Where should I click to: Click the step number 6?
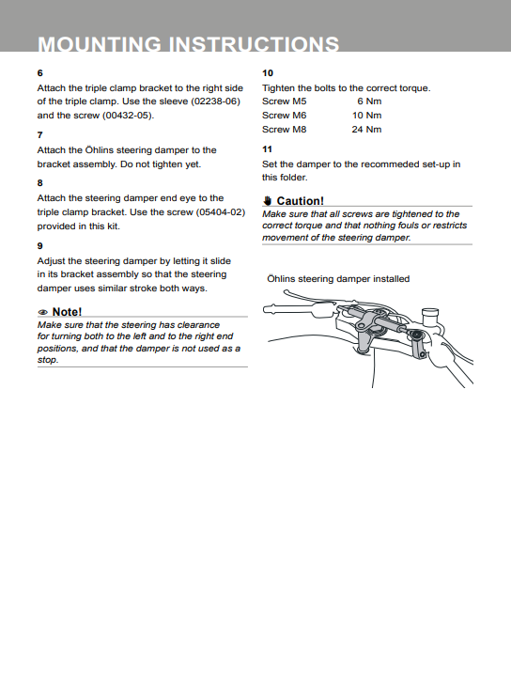[39, 73]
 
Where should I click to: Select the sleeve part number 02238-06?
[216, 101]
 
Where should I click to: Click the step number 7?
[39, 135]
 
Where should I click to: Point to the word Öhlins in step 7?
[99, 150]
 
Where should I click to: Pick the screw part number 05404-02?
[220, 212]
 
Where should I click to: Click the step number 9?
[39, 246]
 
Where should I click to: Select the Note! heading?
[67, 311]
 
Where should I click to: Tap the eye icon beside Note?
[43, 312]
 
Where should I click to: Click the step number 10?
[268, 73]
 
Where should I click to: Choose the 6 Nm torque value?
[369, 101]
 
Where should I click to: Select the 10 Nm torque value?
[366, 116]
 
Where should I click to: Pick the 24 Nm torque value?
[366, 130]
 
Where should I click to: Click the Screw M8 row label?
[285, 130]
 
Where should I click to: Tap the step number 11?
[267, 149]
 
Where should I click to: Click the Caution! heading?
[301, 201]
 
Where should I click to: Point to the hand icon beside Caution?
[268, 201]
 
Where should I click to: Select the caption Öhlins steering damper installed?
[338, 279]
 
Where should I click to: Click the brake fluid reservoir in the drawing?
[429, 317]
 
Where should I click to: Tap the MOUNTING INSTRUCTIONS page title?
[188, 44]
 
